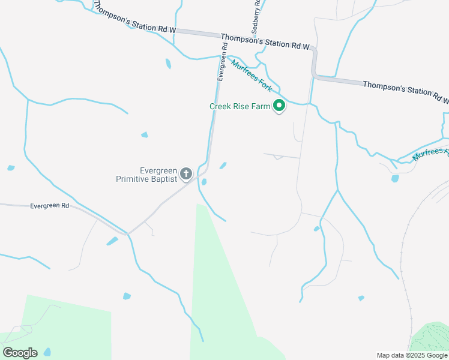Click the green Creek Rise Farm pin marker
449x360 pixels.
coord(279,107)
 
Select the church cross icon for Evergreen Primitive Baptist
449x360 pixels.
coord(186,174)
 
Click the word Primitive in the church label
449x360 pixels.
coord(139,178)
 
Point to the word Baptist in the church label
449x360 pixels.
coord(165,178)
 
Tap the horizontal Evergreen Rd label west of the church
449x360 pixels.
coord(50,205)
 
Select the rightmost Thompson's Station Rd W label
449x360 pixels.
coord(405,91)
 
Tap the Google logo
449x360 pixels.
coord(20,353)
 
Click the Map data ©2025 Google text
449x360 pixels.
coord(411,355)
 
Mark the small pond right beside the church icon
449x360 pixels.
coord(204,182)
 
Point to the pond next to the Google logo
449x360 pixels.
coord(47,352)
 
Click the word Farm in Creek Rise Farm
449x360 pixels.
coord(264,106)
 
